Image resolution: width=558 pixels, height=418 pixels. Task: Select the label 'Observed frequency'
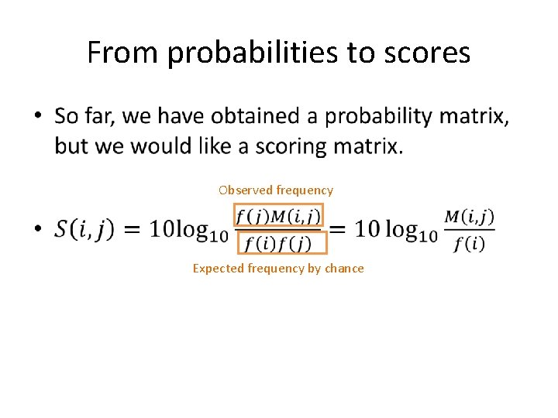pyautogui.click(x=276, y=190)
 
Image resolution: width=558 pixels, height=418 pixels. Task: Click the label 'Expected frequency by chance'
pyautogui.click(x=278, y=268)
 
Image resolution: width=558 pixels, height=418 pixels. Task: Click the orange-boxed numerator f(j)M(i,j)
pyautogui.click(x=278, y=214)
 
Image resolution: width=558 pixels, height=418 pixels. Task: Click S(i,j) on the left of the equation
pyautogui.click(x=84, y=230)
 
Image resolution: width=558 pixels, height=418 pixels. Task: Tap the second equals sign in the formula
pyautogui.click(x=339, y=229)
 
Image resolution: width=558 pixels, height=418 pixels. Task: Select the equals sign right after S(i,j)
pyautogui.click(x=132, y=230)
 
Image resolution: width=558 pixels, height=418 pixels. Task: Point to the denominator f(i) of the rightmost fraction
pyautogui.click(x=470, y=244)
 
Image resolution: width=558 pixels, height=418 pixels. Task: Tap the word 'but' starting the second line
pyautogui.click(x=72, y=146)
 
